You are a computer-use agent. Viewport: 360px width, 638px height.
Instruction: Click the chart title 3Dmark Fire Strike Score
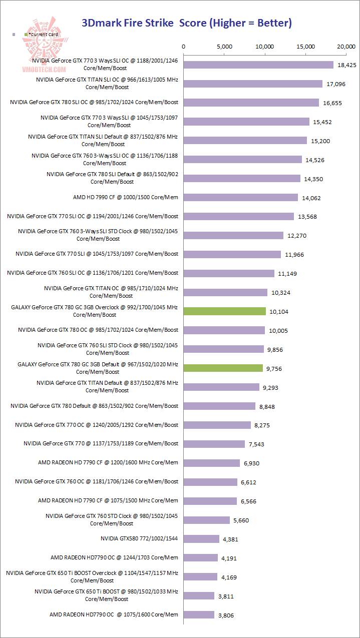click(186, 23)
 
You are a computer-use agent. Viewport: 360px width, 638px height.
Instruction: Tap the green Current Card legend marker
click(26, 34)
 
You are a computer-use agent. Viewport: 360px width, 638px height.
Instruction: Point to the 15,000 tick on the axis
click(306, 47)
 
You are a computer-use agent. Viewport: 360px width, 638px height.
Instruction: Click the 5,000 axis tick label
click(225, 47)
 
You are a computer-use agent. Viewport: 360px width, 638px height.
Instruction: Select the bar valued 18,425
click(258, 65)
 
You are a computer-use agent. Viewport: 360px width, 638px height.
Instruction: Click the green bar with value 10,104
click(225, 311)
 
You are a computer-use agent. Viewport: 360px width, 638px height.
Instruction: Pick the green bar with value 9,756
click(223, 368)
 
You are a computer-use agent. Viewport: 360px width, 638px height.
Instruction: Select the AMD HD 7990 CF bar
click(241, 198)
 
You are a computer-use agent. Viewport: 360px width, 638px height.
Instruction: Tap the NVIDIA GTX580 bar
click(201, 539)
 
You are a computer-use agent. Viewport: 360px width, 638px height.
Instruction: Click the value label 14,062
click(312, 198)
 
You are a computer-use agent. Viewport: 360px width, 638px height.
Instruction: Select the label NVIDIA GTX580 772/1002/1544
click(139, 539)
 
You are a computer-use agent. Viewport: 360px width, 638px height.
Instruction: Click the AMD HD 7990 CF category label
click(125, 197)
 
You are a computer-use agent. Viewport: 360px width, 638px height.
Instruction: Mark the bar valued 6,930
click(212, 463)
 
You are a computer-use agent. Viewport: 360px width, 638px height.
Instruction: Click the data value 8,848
click(266, 407)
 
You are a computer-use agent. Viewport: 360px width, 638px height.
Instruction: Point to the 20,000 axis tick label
click(346, 47)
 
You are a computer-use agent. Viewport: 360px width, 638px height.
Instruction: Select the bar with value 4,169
click(201, 577)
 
